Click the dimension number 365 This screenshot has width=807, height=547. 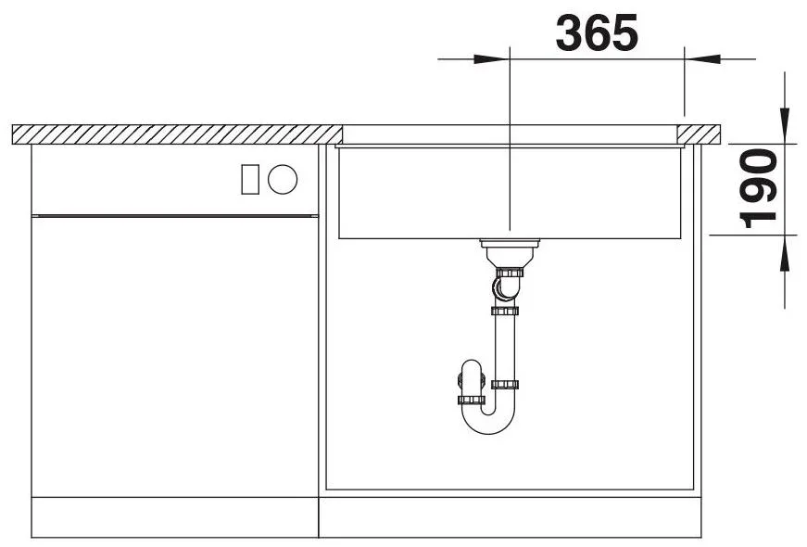click(x=597, y=32)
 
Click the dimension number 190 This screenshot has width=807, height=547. click(x=757, y=188)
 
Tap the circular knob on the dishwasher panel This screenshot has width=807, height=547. click(x=283, y=179)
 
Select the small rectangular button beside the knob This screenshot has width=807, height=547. click(x=250, y=179)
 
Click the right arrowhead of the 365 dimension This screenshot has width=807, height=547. click(x=702, y=58)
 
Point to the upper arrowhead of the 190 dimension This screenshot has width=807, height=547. click(x=785, y=124)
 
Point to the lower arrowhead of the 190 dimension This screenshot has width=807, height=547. click(x=785, y=253)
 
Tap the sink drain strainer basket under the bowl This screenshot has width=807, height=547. click(x=510, y=253)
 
